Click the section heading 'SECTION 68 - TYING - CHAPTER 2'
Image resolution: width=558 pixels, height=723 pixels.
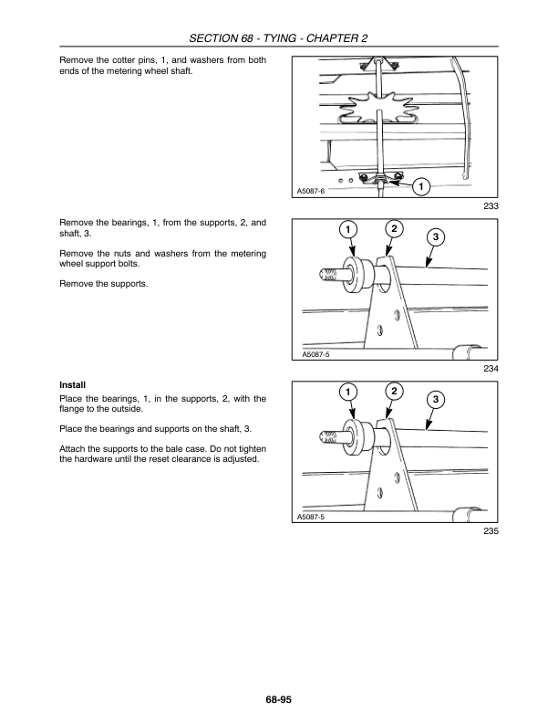[x=278, y=37]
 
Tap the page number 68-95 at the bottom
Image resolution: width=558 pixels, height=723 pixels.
[x=278, y=699]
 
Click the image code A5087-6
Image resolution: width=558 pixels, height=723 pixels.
[x=312, y=191]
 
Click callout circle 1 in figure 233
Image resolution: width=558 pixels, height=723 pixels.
[x=420, y=188]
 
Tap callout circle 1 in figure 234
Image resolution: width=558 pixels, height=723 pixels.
[x=347, y=228]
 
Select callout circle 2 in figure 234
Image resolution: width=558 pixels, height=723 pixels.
[x=393, y=227]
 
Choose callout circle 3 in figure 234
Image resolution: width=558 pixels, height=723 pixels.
[x=436, y=237]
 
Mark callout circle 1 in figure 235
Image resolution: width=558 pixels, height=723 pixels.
[x=347, y=392]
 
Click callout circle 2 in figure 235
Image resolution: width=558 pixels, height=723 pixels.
[x=393, y=392]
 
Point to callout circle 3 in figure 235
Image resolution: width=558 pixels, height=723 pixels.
[x=436, y=401]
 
